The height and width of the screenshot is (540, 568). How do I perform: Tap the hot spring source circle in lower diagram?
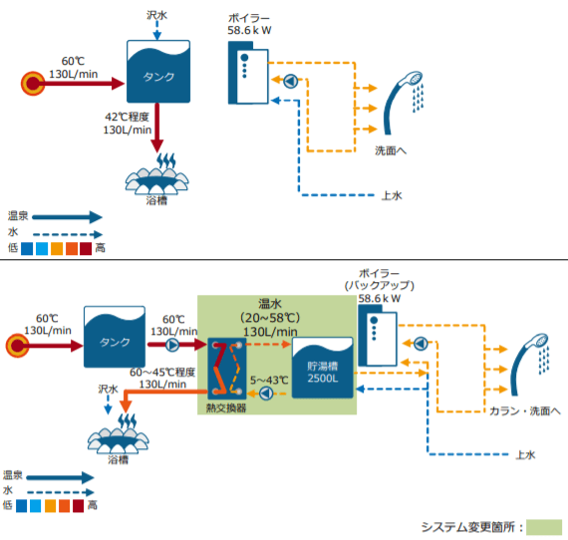click(x=19, y=347)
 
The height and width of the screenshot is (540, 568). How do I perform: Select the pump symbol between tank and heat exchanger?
click(x=173, y=346)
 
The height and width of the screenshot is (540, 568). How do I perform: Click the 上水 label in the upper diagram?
click(x=392, y=195)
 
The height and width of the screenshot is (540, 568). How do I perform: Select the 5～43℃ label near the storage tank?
click(x=269, y=380)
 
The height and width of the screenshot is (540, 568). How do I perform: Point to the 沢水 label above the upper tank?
click(x=157, y=15)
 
